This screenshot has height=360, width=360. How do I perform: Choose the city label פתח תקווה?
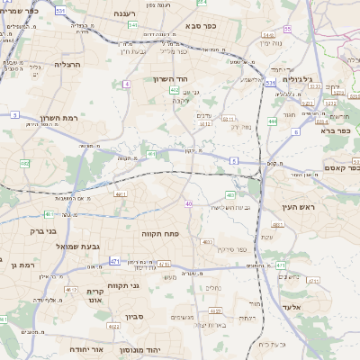click(x=162, y=232)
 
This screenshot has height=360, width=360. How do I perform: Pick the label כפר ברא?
click(x=336, y=130)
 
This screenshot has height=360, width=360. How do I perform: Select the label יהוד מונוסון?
click(x=165, y=346)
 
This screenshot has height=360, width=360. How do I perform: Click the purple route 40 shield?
click(x=188, y=204)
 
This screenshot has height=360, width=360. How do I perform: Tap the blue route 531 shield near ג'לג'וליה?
click(x=270, y=82)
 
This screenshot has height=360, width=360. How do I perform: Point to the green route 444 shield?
click(x=273, y=120)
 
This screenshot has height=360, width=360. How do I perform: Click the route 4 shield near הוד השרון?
click(x=127, y=84)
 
